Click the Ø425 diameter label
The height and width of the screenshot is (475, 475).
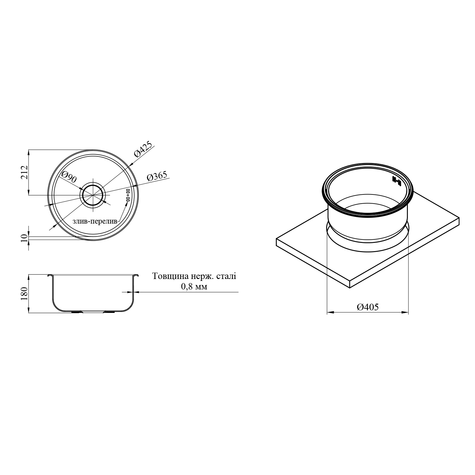click(143, 149)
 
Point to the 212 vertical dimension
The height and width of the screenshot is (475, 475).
click(24, 173)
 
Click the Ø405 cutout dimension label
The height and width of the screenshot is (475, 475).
click(368, 307)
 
